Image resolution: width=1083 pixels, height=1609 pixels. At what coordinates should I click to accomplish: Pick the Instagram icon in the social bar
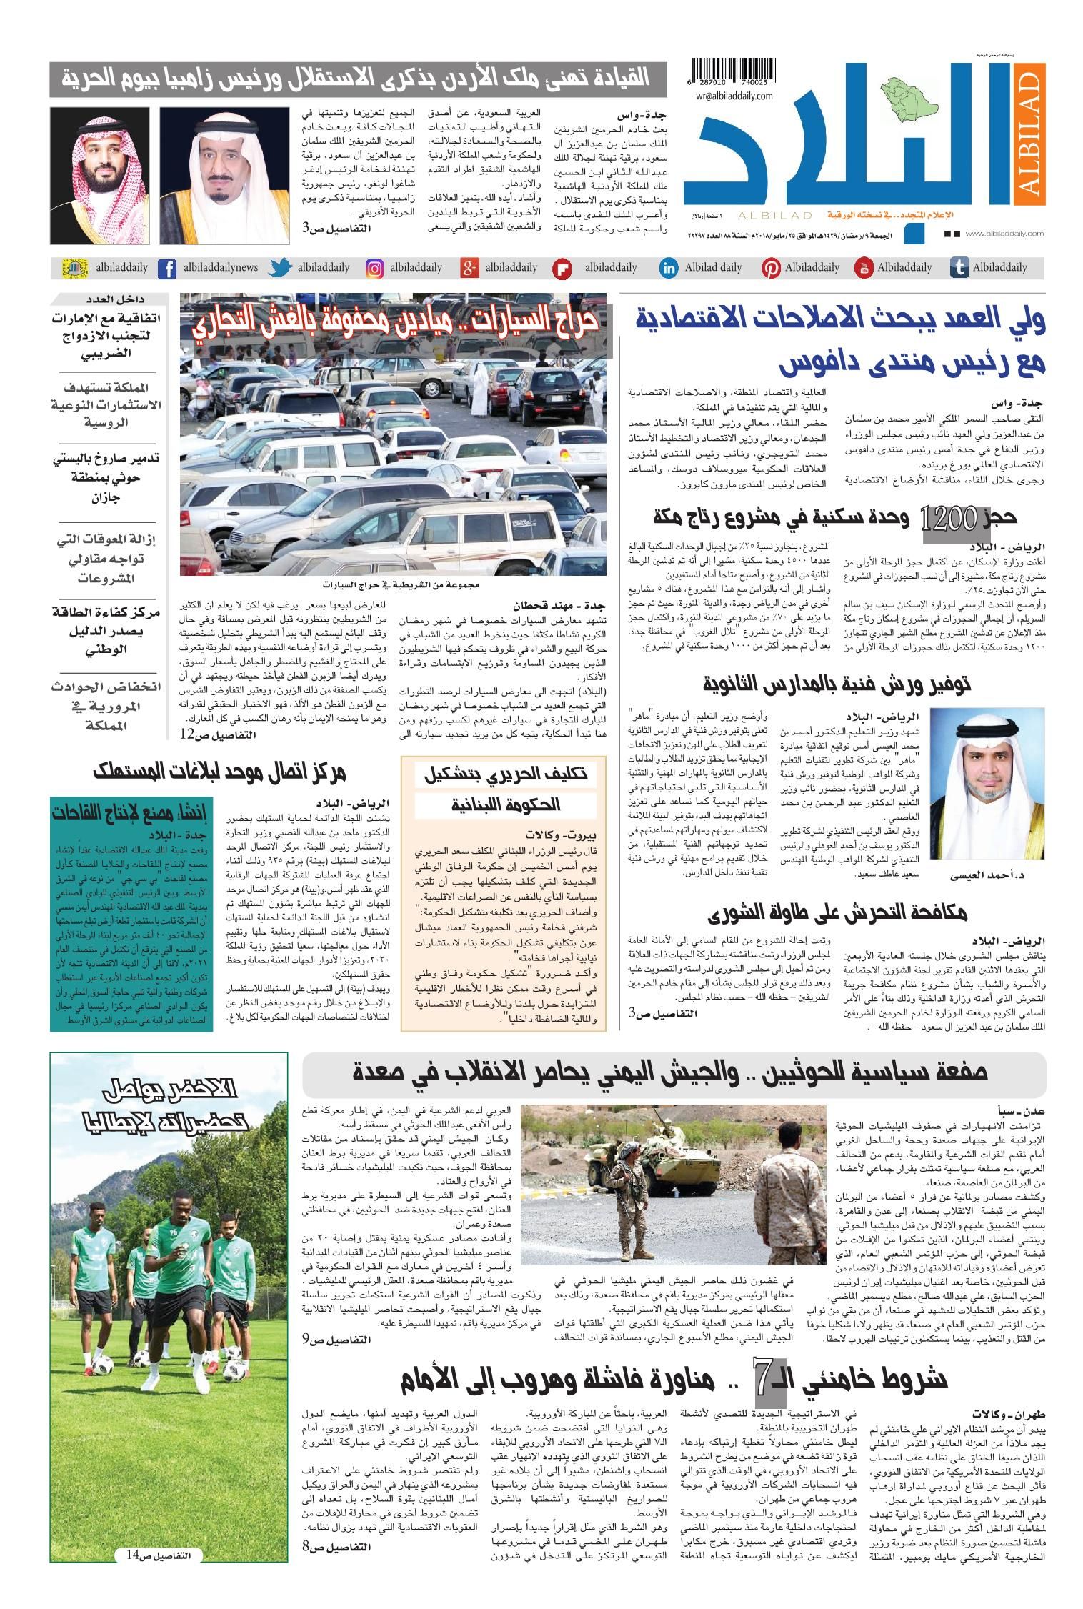[374, 269]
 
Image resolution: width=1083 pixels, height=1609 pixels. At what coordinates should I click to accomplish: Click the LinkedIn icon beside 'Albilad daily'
[669, 269]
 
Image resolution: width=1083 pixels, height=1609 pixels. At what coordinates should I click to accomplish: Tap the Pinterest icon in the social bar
[770, 269]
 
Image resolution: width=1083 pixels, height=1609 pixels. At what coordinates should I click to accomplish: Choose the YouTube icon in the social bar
[863, 269]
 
